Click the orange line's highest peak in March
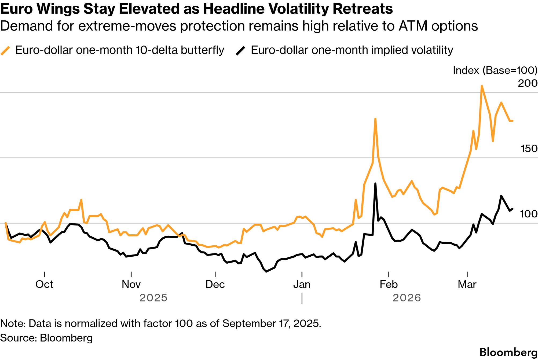click(x=482, y=86)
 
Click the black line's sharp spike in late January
click(x=375, y=184)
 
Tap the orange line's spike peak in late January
click(x=375, y=119)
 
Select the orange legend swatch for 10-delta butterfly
click(x=5, y=50)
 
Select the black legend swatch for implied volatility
click(x=240, y=50)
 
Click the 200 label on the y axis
click(x=527, y=83)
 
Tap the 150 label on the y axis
click(x=529, y=148)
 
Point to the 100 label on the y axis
click(x=529, y=214)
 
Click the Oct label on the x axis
click(x=44, y=284)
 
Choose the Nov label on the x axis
click(x=131, y=284)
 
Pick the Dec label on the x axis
click(x=215, y=284)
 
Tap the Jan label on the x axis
click(x=302, y=284)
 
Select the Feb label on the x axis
click(x=389, y=284)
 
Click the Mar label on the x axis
click(x=467, y=284)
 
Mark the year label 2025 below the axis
click(x=153, y=298)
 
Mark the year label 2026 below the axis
click(x=407, y=298)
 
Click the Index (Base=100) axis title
click(x=495, y=70)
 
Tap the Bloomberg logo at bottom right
click(x=508, y=352)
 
